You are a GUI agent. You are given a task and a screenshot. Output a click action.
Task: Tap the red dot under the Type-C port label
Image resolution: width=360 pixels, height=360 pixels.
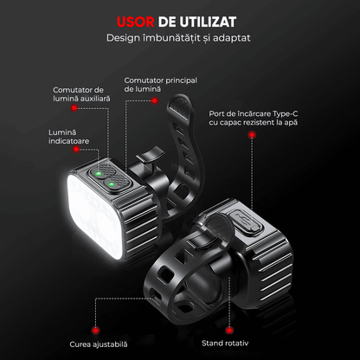(x=254, y=142)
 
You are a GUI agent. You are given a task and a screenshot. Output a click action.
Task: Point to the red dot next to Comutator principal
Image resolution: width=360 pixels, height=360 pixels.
(x=155, y=100)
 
